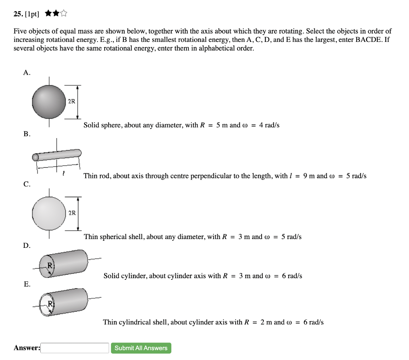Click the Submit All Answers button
tap(141, 348)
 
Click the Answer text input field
tap(75, 348)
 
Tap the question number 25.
tap(18, 14)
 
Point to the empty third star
tap(64, 14)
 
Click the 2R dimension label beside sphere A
tap(71, 101)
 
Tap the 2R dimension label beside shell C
tap(71, 213)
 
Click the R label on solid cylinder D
tap(50, 265)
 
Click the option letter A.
tap(26, 72)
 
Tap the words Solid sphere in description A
tap(102, 125)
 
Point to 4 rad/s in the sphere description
tap(269, 125)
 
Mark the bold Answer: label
tap(27, 348)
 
